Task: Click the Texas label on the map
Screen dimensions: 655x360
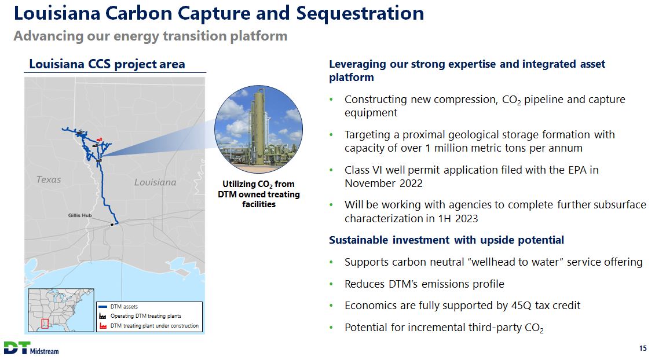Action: click(49, 179)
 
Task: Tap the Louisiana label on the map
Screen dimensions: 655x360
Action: click(155, 182)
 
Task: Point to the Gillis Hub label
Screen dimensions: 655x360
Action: click(80, 215)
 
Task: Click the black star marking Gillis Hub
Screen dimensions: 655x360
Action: click(112, 225)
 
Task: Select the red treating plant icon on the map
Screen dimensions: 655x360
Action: click(99, 139)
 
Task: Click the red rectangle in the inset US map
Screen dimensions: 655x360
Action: click(45, 324)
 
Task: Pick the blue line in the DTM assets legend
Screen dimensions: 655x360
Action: click(103, 307)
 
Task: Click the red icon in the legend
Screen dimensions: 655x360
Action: click(103, 326)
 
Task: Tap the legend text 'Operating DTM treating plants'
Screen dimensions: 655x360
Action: click(146, 316)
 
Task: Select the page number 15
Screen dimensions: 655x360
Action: click(642, 348)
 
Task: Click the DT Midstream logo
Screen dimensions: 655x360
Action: click(31, 348)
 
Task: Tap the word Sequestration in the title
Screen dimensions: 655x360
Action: click(360, 13)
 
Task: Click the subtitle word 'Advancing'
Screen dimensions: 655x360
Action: click(49, 36)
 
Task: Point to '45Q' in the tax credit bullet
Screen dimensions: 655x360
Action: click(521, 306)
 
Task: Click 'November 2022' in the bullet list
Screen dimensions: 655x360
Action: click(383, 183)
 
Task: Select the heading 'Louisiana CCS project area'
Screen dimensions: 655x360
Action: click(107, 64)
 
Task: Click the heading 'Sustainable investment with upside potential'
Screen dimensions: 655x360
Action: click(447, 240)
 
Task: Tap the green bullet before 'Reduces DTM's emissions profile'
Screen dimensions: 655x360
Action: click(331, 284)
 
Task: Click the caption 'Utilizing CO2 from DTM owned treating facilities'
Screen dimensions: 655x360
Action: click(259, 194)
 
